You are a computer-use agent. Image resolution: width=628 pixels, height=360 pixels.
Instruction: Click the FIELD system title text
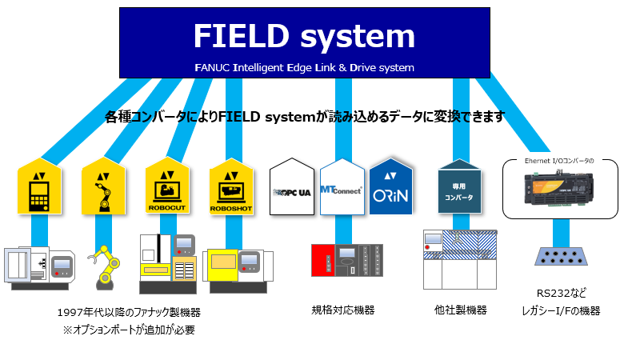304,37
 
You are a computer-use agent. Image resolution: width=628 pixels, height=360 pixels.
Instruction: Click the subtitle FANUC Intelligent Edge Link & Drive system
304,68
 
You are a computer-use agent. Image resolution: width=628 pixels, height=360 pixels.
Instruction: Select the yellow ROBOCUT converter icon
166,186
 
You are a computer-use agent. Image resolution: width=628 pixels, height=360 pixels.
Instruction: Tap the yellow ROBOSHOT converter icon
230,186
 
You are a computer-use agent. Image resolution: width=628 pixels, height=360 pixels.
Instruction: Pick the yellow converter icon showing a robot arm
103,186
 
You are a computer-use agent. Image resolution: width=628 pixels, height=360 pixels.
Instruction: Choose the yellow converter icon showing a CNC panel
38,186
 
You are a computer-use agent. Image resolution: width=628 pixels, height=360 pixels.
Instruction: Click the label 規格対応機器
343,310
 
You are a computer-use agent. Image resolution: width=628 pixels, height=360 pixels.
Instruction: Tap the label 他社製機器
461,310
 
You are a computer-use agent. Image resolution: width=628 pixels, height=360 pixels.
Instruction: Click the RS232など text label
558,294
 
